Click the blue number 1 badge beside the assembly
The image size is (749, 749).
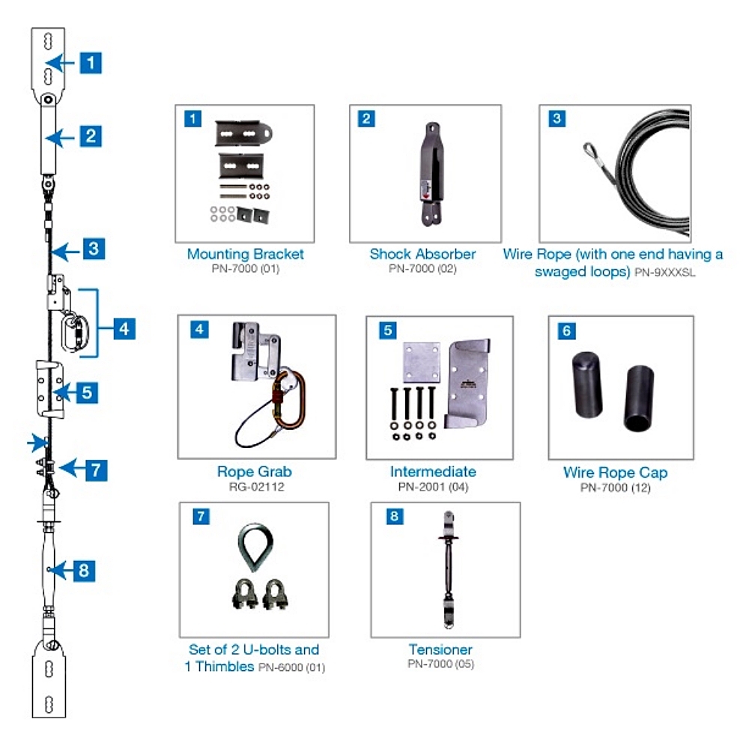click(x=91, y=62)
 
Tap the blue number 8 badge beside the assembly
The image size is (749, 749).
click(x=83, y=571)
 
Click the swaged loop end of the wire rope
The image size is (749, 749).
click(x=590, y=153)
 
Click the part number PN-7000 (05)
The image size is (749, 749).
click(x=440, y=664)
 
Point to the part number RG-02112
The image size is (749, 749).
click(x=254, y=487)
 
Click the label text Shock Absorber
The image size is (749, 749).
click(x=422, y=254)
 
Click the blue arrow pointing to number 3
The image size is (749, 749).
click(x=67, y=250)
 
